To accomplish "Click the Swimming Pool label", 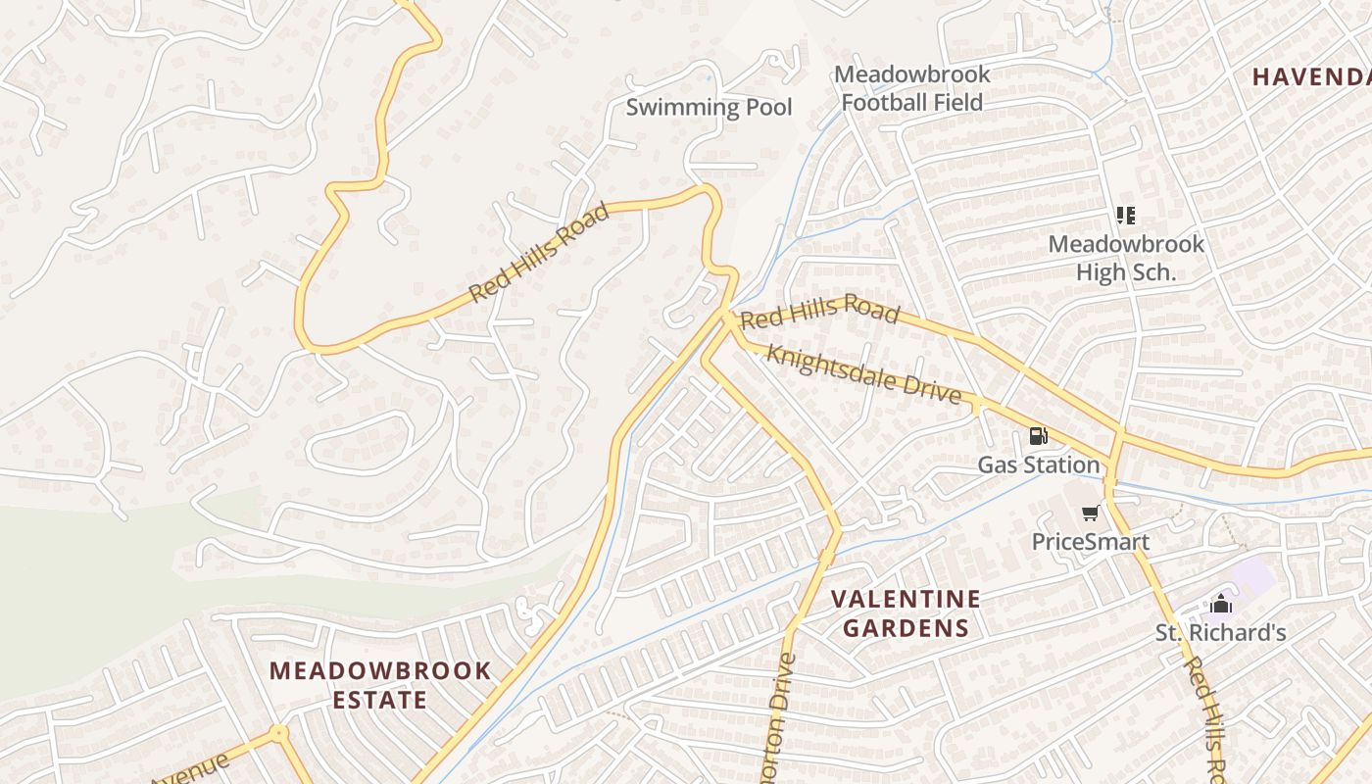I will pyautogui.click(x=709, y=107).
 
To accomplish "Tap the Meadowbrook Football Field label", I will pyautogui.click(x=911, y=88).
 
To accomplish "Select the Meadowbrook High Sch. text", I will pyautogui.click(x=1126, y=258).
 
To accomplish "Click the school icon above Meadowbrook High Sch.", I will pyautogui.click(x=1125, y=215).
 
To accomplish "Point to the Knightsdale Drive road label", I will pyautogui.click(x=863, y=373).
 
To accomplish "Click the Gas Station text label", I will pyautogui.click(x=1039, y=465).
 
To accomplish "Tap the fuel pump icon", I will pyautogui.click(x=1038, y=436).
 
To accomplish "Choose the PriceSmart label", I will pyautogui.click(x=1091, y=542).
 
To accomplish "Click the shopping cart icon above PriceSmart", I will pyautogui.click(x=1090, y=514).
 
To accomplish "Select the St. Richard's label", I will pyautogui.click(x=1220, y=633).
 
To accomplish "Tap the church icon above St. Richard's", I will pyautogui.click(x=1220, y=604).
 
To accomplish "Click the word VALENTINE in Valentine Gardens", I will pyautogui.click(x=906, y=599).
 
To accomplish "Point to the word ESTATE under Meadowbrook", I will pyautogui.click(x=379, y=700).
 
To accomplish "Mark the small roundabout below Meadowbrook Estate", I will pyautogui.click(x=279, y=732).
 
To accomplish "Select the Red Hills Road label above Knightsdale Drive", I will pyautogui.click(x=819, y=311).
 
